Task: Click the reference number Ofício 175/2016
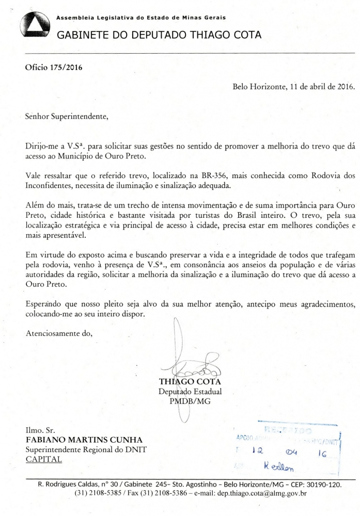(x=54, y=67)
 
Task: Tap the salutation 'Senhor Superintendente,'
(x=67, y=116)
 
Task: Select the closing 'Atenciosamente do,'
(x=59, y=332)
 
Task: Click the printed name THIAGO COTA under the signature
(x=191, y=382)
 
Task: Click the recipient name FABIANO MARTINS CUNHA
(x=79, y=439)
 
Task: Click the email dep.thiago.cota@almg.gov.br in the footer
(x=255, y=493)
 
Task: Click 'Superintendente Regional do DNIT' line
(x=86, y=449)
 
